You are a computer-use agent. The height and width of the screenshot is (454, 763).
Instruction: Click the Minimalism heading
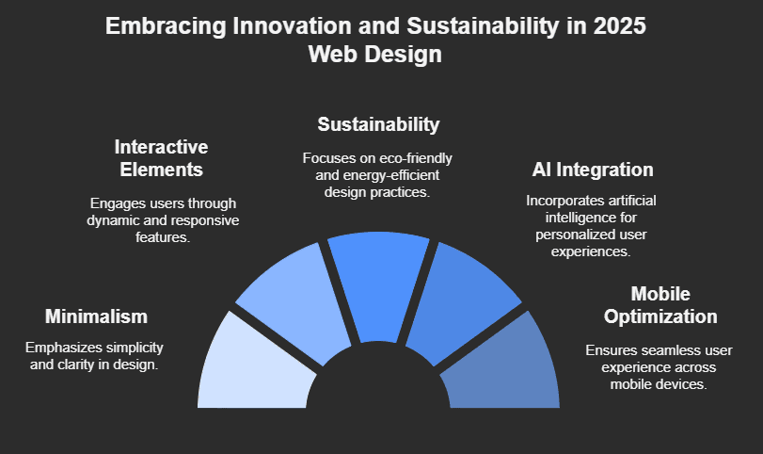pyautogui.click(x=96, y=316)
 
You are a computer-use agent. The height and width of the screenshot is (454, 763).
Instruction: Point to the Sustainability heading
pyautogui.click(x=378, y=124)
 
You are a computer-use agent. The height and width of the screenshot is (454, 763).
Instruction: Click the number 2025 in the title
pyautogui.click(x=620, y=26)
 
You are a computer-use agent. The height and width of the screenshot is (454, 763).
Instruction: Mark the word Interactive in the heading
pyautogui.click(x=161, y=147)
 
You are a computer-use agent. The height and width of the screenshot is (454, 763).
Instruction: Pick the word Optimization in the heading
pyautogui.click(x=661, y=316)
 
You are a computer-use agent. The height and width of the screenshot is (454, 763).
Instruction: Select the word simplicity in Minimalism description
pyautogui.click(x=137, y=346)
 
